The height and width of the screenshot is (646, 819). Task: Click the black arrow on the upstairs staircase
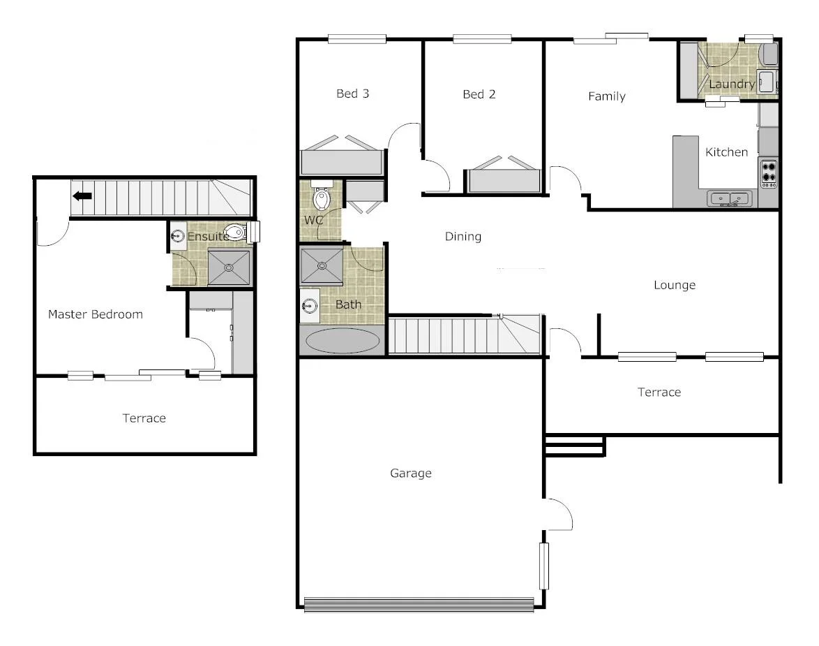pyautogui.click(x=82, y=196)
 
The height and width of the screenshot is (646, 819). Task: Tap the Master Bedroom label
pyautogui.click(x=95, y=314)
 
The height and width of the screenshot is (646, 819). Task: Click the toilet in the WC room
pyautogui.click(x=322, y=198)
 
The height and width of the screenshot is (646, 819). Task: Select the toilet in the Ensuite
pyautogui.click(x=236, y=233)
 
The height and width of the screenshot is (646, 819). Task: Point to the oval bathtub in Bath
pyautogui.click(x=343, y=342)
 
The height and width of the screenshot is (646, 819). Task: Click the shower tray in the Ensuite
pyautogui.click(x=229, y=267)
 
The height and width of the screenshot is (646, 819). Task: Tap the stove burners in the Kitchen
pyautogui.click(x=769, y=172)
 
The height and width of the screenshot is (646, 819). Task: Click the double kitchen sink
pyautogui.click(x=729, y=199)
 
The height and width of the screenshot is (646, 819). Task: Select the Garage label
pyautogui.click(x=410, y=474)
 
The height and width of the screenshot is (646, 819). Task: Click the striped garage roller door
pyautogui.click(x=419, y=604)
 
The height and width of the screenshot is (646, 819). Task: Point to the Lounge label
pyautogui.click(x=675, y=285)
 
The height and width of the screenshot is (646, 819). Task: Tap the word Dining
pyautogui.click(x=463, y=237)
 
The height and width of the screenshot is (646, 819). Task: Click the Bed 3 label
pyautogui.click(x=352, y=94)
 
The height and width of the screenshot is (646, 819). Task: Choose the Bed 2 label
pyautogui.click(x=479, y=94)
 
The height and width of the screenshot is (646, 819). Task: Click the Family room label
pyautogui.click(x=606, y=96)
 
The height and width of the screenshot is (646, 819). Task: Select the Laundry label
pyautogui.click(x=731, y=85)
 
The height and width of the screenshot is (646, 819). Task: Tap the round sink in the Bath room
pyautogui.click(x=309, y=305)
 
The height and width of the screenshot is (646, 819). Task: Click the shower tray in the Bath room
pyautogui.click(x=322, y=265)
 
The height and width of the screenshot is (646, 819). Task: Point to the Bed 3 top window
pyautogui.click(x=357, y=39)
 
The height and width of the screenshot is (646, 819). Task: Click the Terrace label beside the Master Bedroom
pyautogui.click(x=144, y=418)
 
